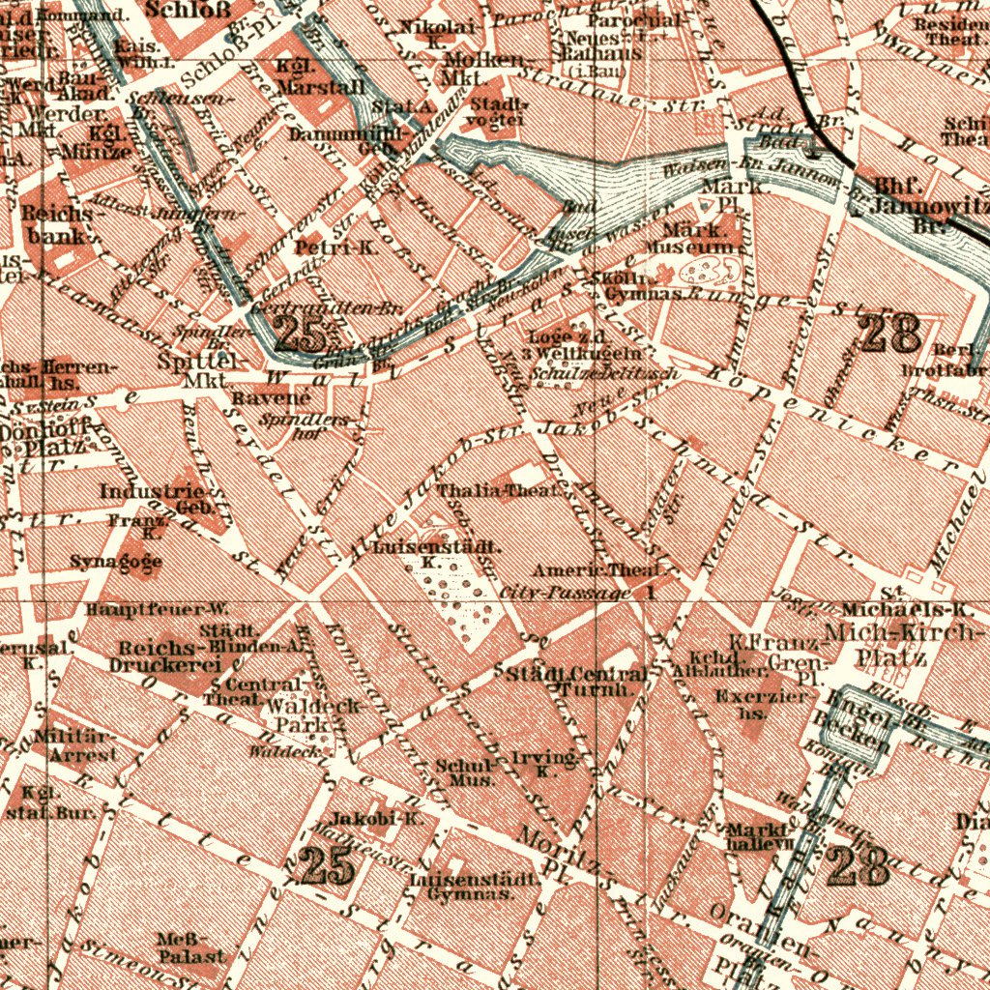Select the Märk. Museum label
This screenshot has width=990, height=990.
point(702,239)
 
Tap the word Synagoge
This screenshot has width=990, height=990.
point(116,562)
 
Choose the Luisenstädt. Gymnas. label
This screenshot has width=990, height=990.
point(474,887)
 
